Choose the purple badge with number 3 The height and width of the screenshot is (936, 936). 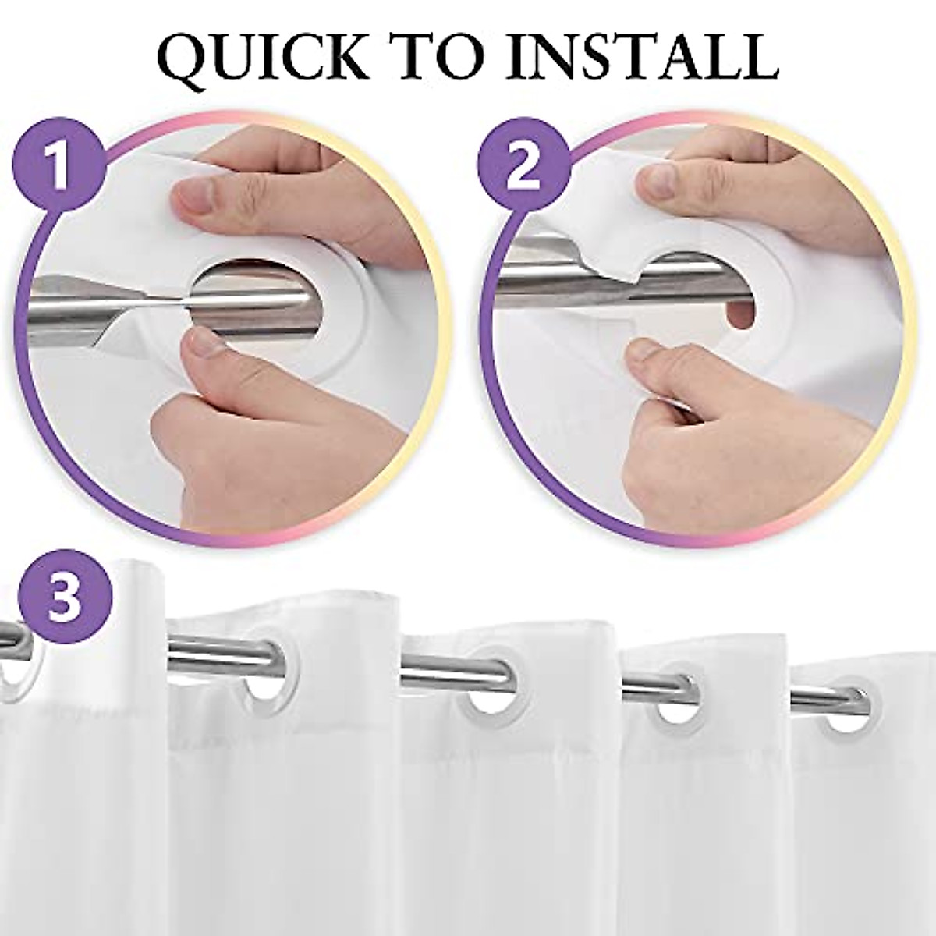[66, 597]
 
